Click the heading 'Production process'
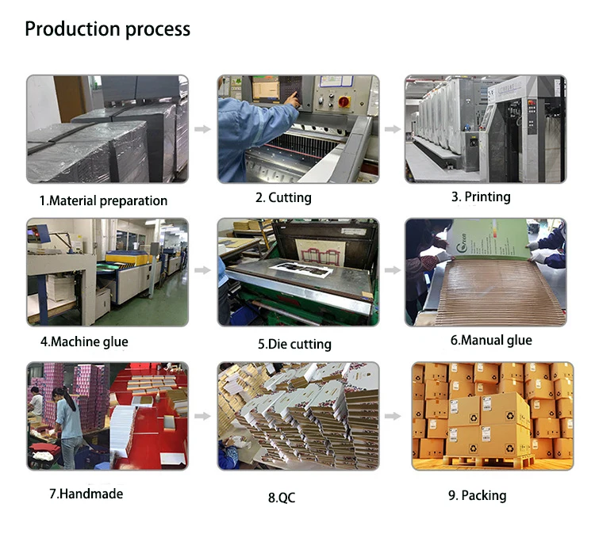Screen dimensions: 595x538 [x=108, y=29]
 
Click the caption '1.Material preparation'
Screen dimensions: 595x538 [x=104, y=200]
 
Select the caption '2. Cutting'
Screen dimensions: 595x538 [x=283, y=197]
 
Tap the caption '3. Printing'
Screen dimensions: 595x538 [x=482, y=197]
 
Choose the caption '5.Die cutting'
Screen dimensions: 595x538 [x=294, y=344]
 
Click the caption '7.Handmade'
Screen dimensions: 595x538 [x=86, y=494]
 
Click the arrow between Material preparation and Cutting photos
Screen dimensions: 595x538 [x=203, y=128]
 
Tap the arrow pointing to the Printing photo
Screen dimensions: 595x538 [x=392, y=128]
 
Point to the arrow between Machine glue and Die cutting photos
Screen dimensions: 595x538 [x=203, y=271]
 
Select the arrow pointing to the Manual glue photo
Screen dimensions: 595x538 [x=392, y=271]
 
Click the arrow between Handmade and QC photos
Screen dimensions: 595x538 [x=203, y=415]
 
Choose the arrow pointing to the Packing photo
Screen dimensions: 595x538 [x=392, y=415]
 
